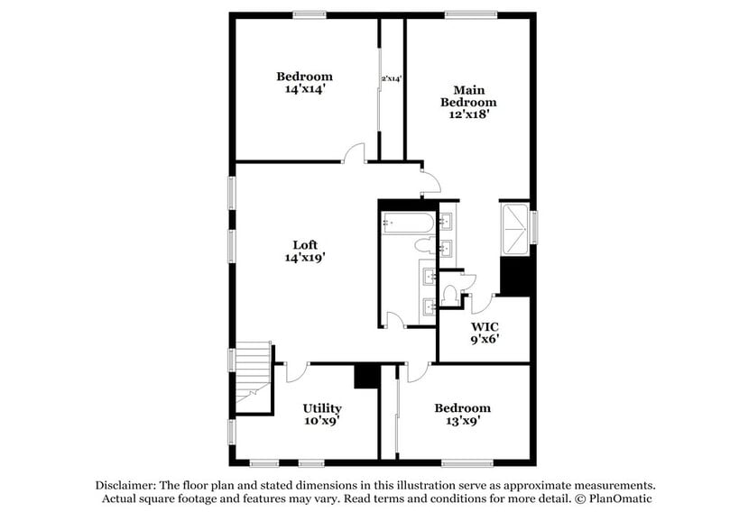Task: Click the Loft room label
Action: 304,251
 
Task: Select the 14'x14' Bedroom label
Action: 304,82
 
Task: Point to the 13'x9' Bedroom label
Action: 462,414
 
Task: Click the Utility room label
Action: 321,414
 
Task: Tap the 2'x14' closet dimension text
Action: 392,79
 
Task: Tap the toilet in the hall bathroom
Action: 424,244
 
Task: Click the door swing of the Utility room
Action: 298,372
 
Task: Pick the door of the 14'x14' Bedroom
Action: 355,154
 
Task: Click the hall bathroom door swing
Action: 394,318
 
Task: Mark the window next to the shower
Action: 534,226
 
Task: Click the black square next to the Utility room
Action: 366,376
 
